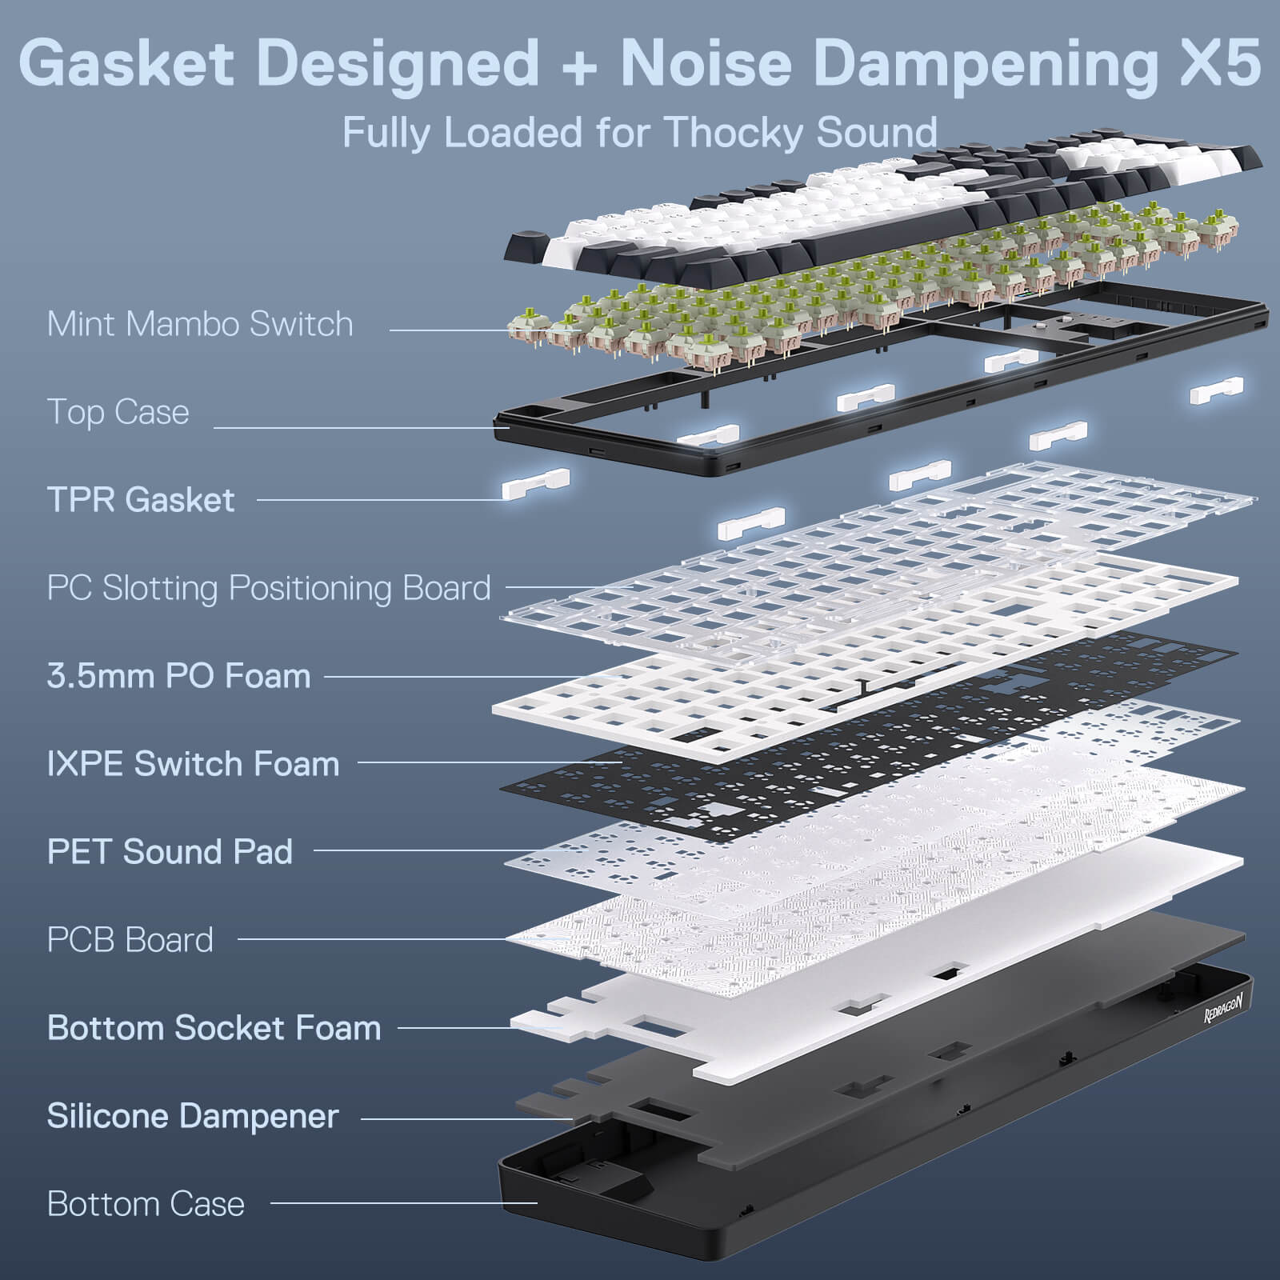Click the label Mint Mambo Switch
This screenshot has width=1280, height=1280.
point(199,324)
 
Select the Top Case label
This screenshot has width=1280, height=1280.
point(118,412)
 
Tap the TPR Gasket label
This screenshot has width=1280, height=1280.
point(141,500)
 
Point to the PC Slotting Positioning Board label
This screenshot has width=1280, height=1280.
point(268,588)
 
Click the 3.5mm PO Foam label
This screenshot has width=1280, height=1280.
point(178,676)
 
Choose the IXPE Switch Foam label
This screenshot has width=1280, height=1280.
point(193,764)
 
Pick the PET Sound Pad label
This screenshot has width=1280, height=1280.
point(170,852)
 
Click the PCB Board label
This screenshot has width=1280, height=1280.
point(130,940)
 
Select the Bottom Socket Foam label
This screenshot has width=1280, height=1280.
point(214,1028)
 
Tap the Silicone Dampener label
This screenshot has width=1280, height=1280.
point(193,1116)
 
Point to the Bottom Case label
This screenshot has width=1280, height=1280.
point(146,1204)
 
